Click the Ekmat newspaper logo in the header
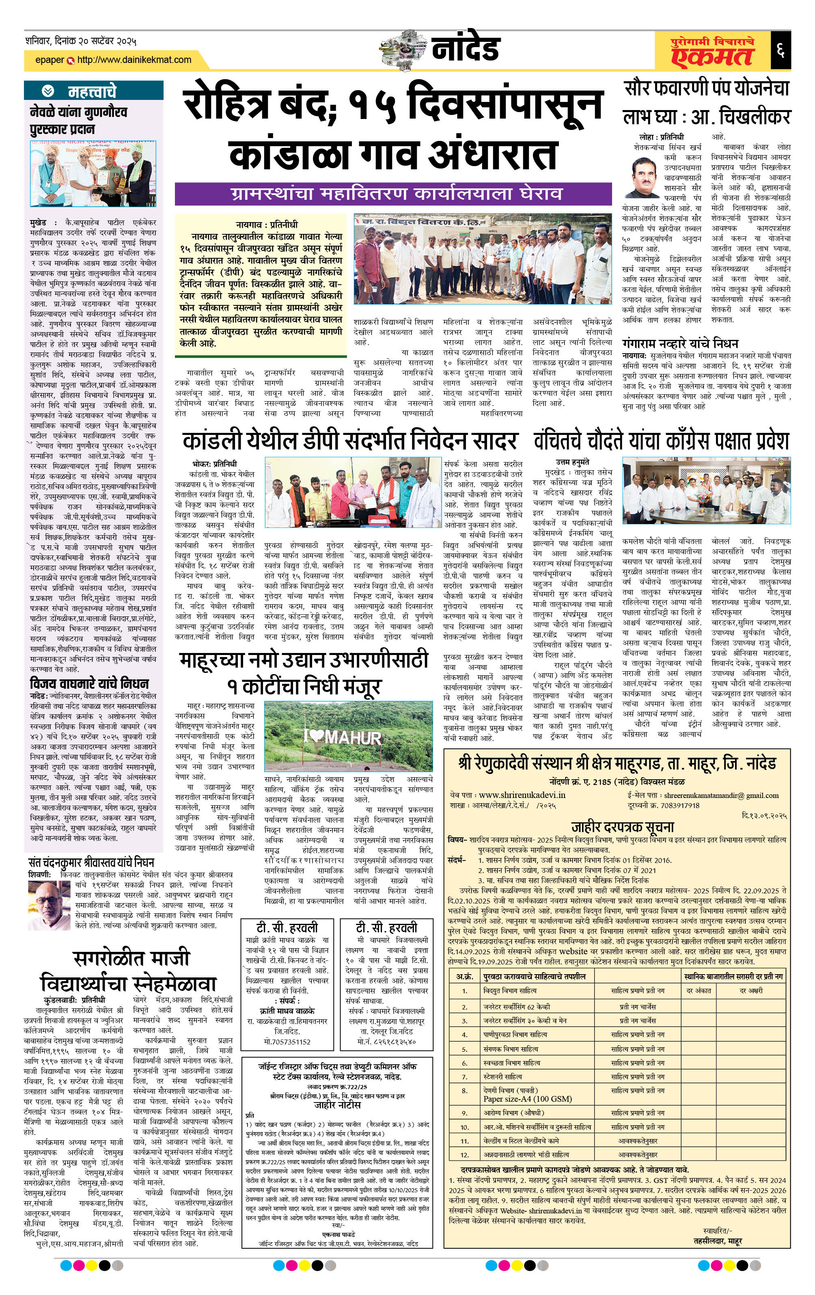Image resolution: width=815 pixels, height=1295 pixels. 712,51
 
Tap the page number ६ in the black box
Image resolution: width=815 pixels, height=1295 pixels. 780,51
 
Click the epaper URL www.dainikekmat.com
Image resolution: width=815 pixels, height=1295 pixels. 134,60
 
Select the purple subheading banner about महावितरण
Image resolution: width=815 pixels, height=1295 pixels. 393,194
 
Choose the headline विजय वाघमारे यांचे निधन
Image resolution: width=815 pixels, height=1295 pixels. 89,683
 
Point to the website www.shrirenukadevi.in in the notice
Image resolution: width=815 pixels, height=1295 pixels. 522,795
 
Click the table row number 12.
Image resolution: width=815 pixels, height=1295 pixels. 464,1154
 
